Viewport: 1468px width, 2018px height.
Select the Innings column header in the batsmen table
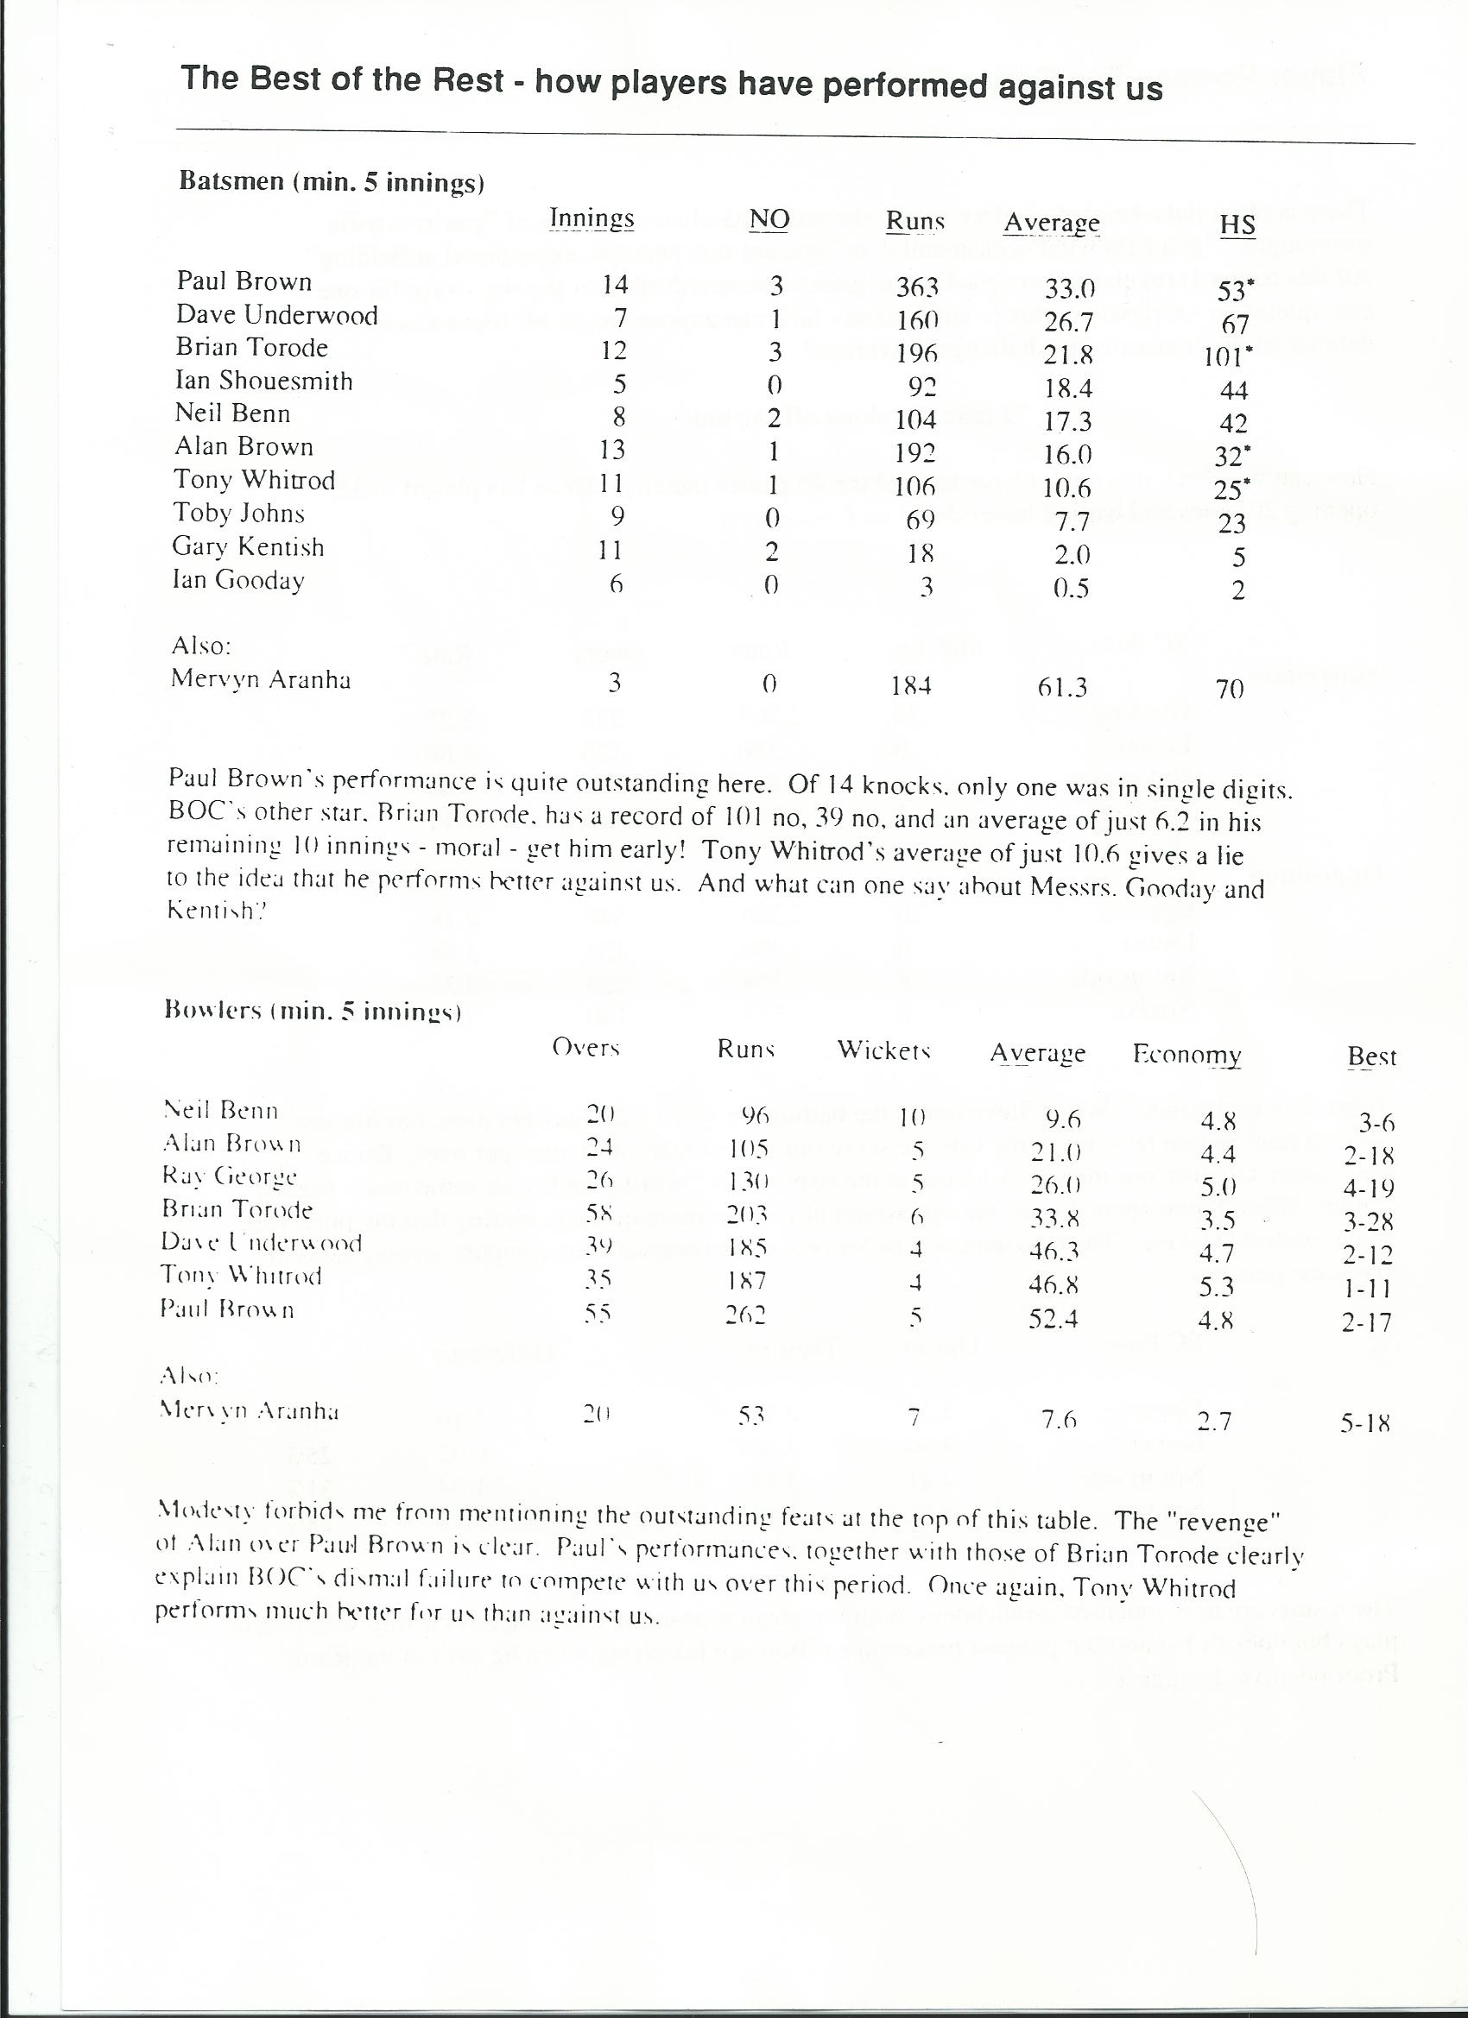click(x=592, y=218)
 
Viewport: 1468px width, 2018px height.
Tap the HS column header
click(x=1237, y=225)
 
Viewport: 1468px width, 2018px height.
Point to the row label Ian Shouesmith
click(x=263, y=381)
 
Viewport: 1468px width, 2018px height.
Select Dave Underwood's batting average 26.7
click(x=1068, y=321)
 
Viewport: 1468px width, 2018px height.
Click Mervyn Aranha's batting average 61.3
click(x=1062, y=688)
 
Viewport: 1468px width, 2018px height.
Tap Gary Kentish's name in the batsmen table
click(x=249, y=547)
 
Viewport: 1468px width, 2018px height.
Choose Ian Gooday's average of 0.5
click(x=1071, y=589)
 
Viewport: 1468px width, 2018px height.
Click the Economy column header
click(x=1186, y=1056)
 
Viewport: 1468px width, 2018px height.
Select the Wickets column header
click(x=883, y=1050)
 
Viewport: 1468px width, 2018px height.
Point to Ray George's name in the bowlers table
click(x=230, y=1176)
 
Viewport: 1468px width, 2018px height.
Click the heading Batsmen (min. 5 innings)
click(x=332, y=181)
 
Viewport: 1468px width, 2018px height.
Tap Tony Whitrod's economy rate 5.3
click(x=1215, y=1287)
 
